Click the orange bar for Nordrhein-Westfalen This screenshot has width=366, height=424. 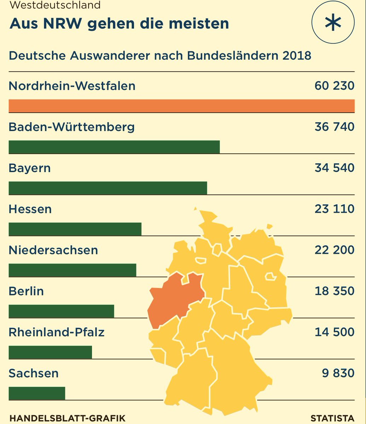(x=181, y=106)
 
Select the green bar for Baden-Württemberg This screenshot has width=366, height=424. (x=114, y=147)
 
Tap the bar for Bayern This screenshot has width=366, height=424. (x=108, y=188)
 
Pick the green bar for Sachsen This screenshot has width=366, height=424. (x=37, y=393)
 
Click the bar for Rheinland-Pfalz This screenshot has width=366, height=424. (x=50, y=352)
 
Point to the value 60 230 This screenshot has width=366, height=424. (x=334, y=86)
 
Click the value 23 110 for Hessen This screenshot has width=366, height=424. (x=334, y=209)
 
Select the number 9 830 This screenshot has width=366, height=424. (x=338, y=373)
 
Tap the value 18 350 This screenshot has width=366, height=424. (x=334, y=291)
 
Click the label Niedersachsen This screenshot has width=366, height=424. (x=53, y=250)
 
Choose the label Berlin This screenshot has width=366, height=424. (x=26, y=291)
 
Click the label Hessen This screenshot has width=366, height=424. (x=30, y=209)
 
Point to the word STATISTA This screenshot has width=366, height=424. (x=332, y=418)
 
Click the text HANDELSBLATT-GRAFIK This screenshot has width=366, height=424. (x=67, y=418)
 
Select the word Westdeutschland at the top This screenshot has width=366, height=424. (x=55, y=5)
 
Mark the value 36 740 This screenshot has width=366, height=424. (x=334, y=127)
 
